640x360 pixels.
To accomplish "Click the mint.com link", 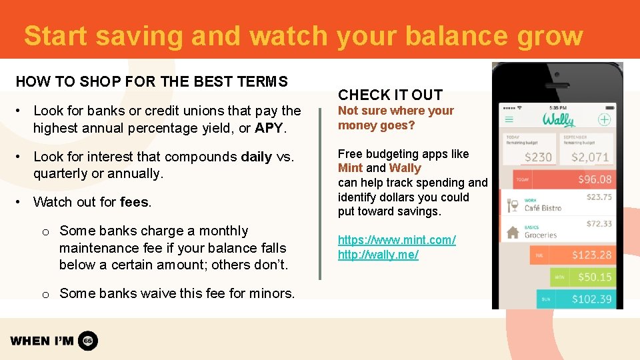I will point(397,240).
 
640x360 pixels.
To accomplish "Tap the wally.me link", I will point(378,255).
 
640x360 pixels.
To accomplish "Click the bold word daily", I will point(256,157).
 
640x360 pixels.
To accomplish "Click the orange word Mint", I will point(350,168).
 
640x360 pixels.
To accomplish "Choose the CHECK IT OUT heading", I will point(390,95).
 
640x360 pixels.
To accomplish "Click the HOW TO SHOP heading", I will point(151,81).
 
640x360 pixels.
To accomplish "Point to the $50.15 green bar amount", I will point(594,277).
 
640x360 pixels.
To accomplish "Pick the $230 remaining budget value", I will point(537,157).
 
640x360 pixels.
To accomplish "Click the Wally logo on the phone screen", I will point(558,120).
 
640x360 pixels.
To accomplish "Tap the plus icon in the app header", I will point(604,120).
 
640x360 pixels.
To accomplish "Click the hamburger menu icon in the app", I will point(509,120).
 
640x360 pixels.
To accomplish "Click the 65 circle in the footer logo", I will point(88,341).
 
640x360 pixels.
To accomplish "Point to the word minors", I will point(271,293).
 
